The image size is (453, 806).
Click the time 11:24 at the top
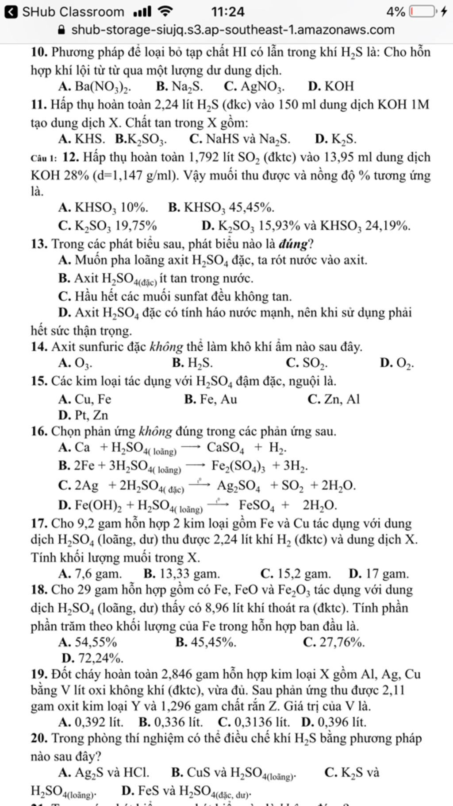pyautogui.click(x=227, y=12)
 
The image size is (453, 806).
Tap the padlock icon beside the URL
pyautogui.click(x=62, y=30)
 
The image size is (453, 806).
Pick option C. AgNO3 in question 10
pyautogui.click(x=254, y=86)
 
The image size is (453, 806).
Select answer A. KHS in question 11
pyautogui.click(x=82, y=139)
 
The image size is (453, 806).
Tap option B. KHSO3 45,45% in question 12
pyautogui.click(x=221, y=207)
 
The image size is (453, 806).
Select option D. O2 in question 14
pyautogui.click(x=397, y=363)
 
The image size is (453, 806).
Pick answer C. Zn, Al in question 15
pyautogui.click(x=334, y=399)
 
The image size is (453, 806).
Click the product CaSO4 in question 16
pyautogui.click(x=226, y=448)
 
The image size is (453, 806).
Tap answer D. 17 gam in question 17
pyautogui.click(x=379, y=573)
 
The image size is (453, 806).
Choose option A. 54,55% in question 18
pyautogui.click(x=88, y=642)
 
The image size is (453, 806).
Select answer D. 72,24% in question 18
pyautogui.click(x=93, y=658)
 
